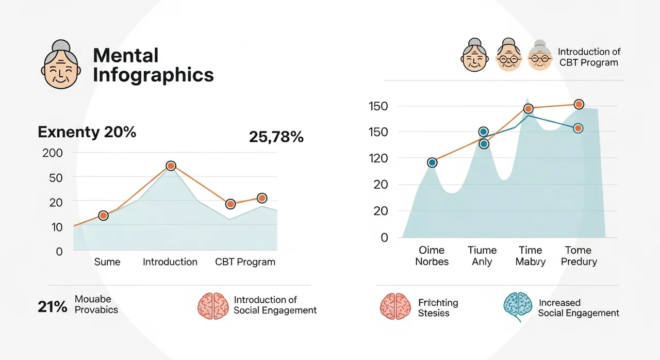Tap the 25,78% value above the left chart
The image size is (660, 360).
[x=276, y=137]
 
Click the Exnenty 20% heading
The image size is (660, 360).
[x=87, y=132]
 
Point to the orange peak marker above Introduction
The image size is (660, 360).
[x=171, y=166]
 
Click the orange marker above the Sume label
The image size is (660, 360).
[x=103, y=216]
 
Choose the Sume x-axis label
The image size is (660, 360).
[x=107, y=262]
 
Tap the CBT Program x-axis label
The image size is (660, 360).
[x=245, y=262]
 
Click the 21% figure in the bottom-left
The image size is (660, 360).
[x=53, y=307]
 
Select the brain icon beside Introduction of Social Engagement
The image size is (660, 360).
[x=213, y=306]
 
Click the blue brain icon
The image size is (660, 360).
[x=518, y=306]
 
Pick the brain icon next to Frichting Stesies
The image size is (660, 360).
[x=395, y=306]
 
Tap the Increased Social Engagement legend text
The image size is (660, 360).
[x=579, y=308]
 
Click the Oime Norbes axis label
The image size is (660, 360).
[x=432, y=256]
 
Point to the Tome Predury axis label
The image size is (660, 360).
[x=579, y=256]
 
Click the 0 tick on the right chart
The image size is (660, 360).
[x=384, y=238]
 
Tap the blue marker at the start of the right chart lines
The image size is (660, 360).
[x=432, y=162]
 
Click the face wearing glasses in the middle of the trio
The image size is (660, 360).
[x=509, y=56]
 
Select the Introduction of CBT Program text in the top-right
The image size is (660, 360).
[x=588, y=57]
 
